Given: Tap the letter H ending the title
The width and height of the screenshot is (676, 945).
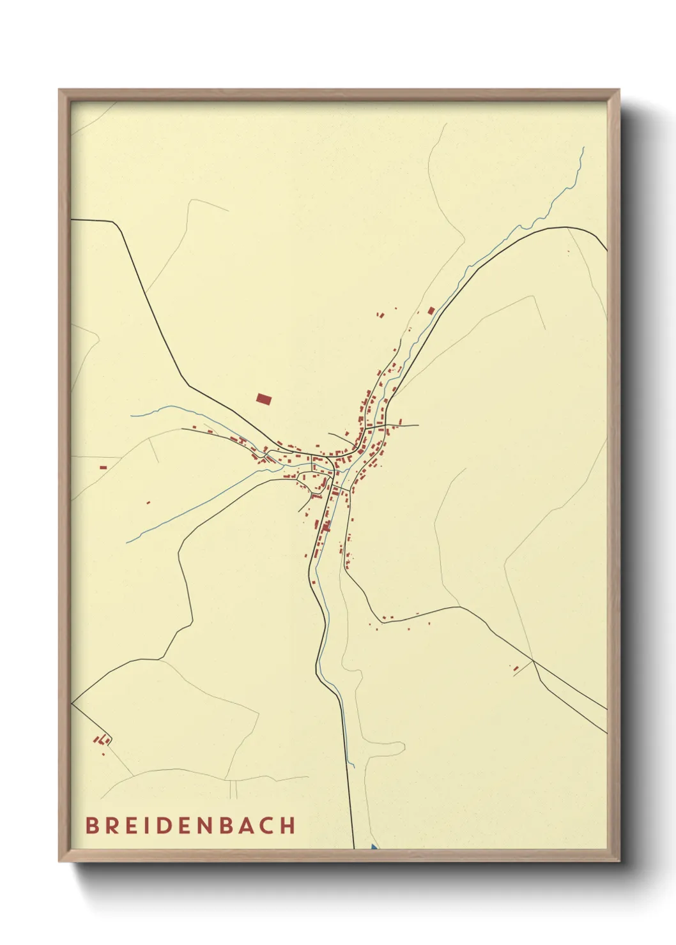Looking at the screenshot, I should (x=288, y=825).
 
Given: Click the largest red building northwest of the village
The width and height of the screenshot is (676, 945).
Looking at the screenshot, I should (x=263, y=399).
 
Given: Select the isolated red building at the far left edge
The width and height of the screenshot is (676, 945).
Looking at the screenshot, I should (x=103, y=467).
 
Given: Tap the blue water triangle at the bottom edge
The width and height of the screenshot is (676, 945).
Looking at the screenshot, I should (x=373, y=847).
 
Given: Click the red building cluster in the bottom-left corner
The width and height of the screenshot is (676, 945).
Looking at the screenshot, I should (x=101, y=741).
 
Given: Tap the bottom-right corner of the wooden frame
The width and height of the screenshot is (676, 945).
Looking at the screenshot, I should (x=618, y=861).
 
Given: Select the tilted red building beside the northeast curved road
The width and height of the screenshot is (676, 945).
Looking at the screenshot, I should (x=431, y=311).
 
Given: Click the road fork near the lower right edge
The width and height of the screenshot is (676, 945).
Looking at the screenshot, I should (x=533, y=660).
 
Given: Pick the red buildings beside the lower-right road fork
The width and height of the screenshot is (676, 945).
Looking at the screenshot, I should (x=516, y=668).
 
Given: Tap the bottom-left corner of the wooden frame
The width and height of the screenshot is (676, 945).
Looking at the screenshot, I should (x=60, y=861).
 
